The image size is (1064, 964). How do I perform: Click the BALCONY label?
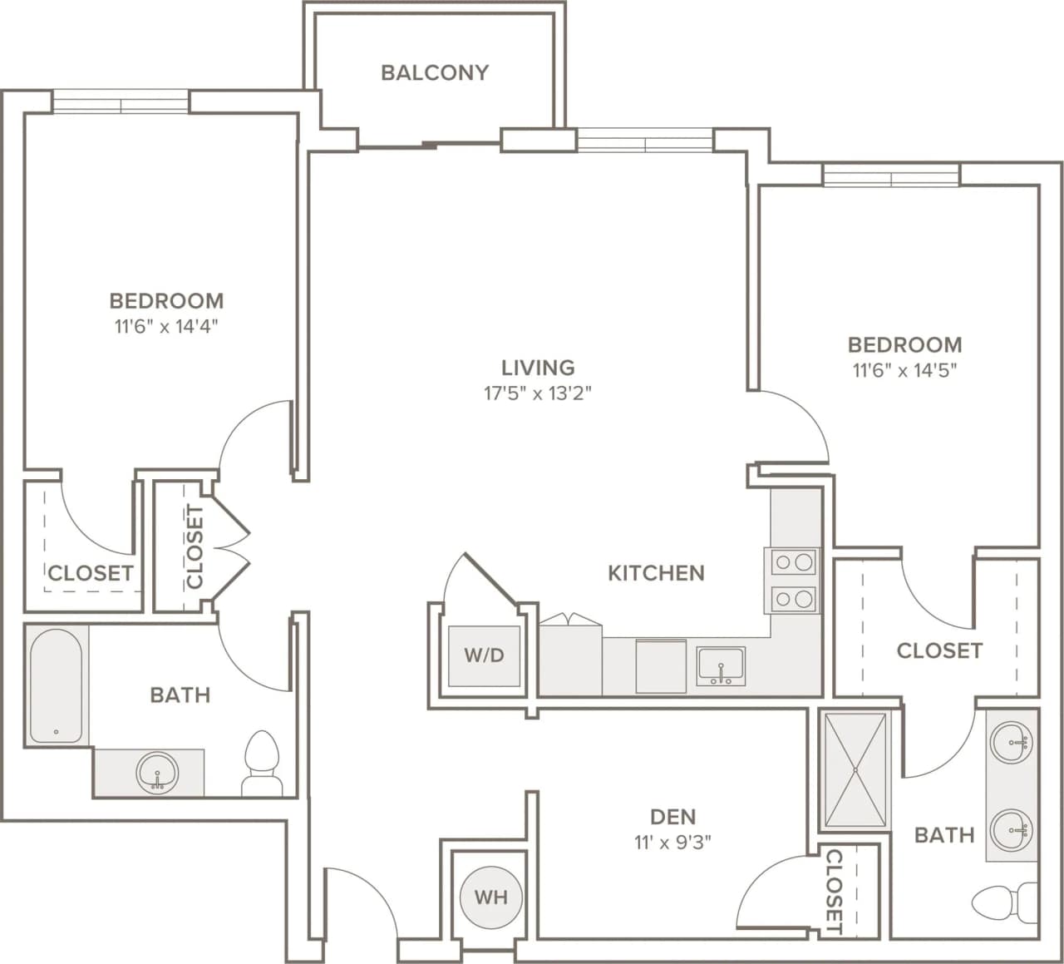click(x=434, y=73)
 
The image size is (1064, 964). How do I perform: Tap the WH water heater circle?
click(x=490, y=897)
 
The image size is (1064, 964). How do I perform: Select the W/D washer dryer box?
click(x=484, y=655)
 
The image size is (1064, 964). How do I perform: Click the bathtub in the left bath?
click(x=57, y=685)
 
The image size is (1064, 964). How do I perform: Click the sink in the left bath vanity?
click(x=157, y=772)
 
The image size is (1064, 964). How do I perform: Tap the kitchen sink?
click(x=721, y=666)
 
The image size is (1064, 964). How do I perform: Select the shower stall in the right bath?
click(x=855, y=769)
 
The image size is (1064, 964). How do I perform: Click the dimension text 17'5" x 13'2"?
click(x=538, y=393)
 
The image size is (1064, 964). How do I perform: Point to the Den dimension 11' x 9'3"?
click(x=672, y=843)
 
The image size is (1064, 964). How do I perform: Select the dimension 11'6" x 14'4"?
click(x=166, y=326)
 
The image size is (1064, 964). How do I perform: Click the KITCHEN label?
click(x=656, y=573)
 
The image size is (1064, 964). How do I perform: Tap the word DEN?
click(x=672, y=817)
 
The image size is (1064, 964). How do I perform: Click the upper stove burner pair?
click(x=793, y=563)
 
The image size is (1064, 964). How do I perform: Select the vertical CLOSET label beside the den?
click(x=834, y=891)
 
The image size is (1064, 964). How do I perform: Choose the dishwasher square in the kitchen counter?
click(x=661, y=665)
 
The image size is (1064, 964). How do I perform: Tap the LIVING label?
click(x=538, y=368)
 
